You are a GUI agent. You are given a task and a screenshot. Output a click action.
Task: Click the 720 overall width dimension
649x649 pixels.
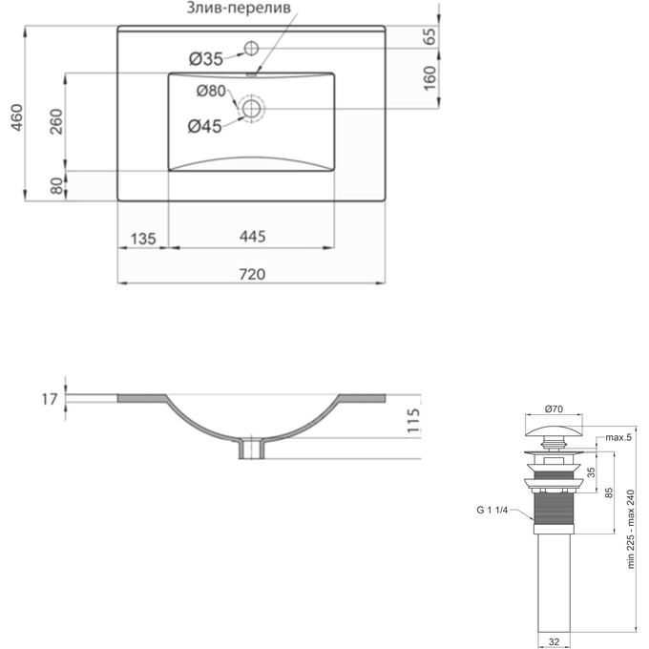click(252, 274)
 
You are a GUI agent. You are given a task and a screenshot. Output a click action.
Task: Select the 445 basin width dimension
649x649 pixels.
click(253, 237)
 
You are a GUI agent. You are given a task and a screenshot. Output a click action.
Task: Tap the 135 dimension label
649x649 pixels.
click(143, 239)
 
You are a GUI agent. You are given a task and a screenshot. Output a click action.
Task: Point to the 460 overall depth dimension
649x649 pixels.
click(16, 117)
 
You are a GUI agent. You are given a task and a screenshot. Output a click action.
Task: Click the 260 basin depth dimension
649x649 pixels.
click(56, 121)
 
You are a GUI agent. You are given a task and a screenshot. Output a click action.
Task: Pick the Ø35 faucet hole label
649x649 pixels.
click(206, 59)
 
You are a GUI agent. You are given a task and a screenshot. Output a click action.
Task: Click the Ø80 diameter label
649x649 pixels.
click(211, 91)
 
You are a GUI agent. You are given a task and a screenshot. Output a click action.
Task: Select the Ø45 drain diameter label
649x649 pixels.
click(205, 126)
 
